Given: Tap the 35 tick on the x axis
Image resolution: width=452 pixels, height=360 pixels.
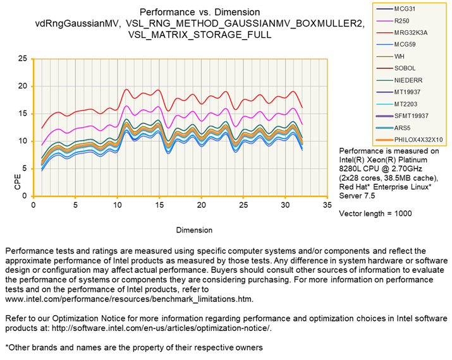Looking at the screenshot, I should pos(327,206).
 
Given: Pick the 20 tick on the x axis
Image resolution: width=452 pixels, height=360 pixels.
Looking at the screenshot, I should pos(202,206).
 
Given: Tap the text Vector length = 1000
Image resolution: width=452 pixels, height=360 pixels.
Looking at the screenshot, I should pos(376,213).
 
